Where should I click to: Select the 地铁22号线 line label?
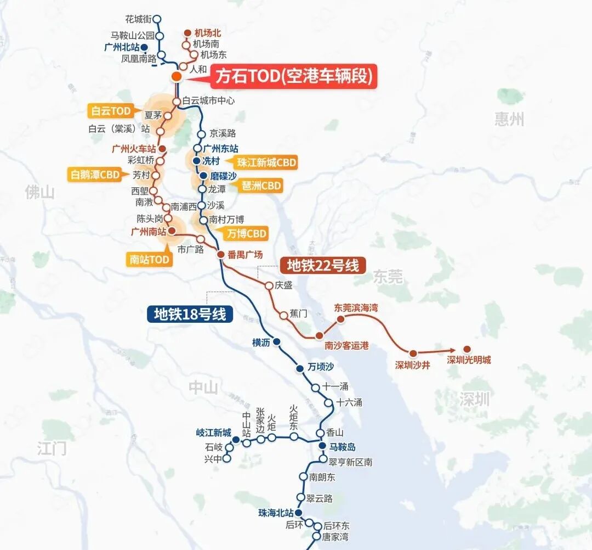point(323,266)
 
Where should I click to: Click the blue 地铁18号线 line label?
point(190,314)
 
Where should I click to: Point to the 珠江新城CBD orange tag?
point(267,162)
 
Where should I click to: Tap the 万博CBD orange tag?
point(247,234)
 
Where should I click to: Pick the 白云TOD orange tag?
point(111,111)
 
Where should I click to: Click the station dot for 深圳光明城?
point(467,349)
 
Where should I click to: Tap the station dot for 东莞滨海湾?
point(340,319)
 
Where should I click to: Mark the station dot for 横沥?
point(277,342)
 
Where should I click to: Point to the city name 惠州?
point(509,119)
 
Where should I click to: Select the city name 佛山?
point(40,192)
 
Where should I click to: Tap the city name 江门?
point(52,448)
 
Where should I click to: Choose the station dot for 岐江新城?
point(236,440)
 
